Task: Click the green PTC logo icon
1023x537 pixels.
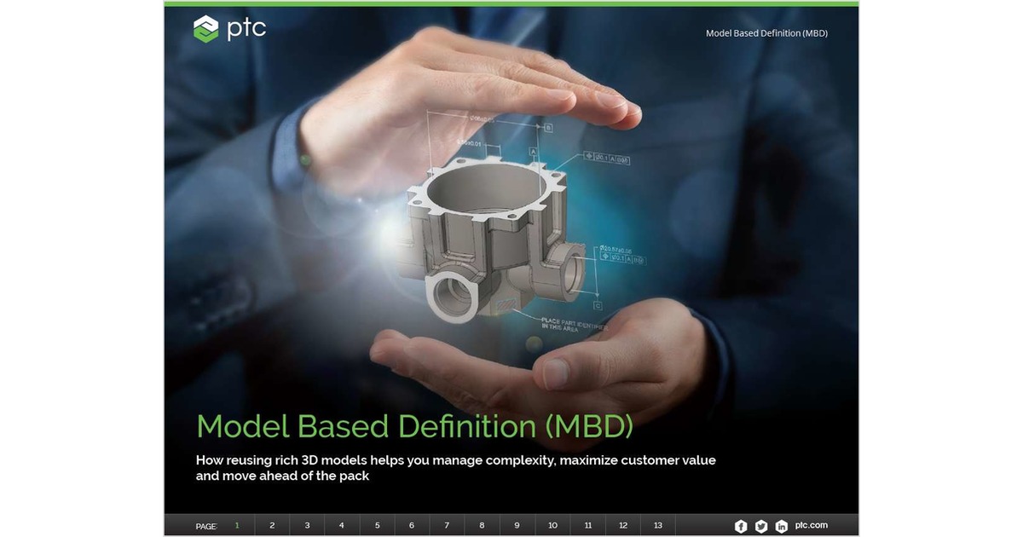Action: point(206,29)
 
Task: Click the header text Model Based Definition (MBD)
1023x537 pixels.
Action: point(766,33)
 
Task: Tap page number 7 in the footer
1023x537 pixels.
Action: point(447,526)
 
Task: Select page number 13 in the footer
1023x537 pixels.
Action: point(657,526)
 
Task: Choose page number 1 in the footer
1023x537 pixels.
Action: point(237,526)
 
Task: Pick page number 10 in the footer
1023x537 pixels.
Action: point(552,526)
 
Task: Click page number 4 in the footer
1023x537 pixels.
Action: point(342,526)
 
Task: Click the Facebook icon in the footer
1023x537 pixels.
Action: point(741,526)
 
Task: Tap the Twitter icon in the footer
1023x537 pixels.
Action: point(761,526)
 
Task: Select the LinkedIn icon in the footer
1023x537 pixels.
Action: point(782,526)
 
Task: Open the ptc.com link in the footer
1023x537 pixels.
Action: point(811,525)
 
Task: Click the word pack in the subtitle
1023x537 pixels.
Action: point(355,476)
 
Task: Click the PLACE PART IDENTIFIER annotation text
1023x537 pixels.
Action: point(575,323)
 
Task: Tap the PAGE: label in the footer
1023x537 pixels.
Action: point(206,527)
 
